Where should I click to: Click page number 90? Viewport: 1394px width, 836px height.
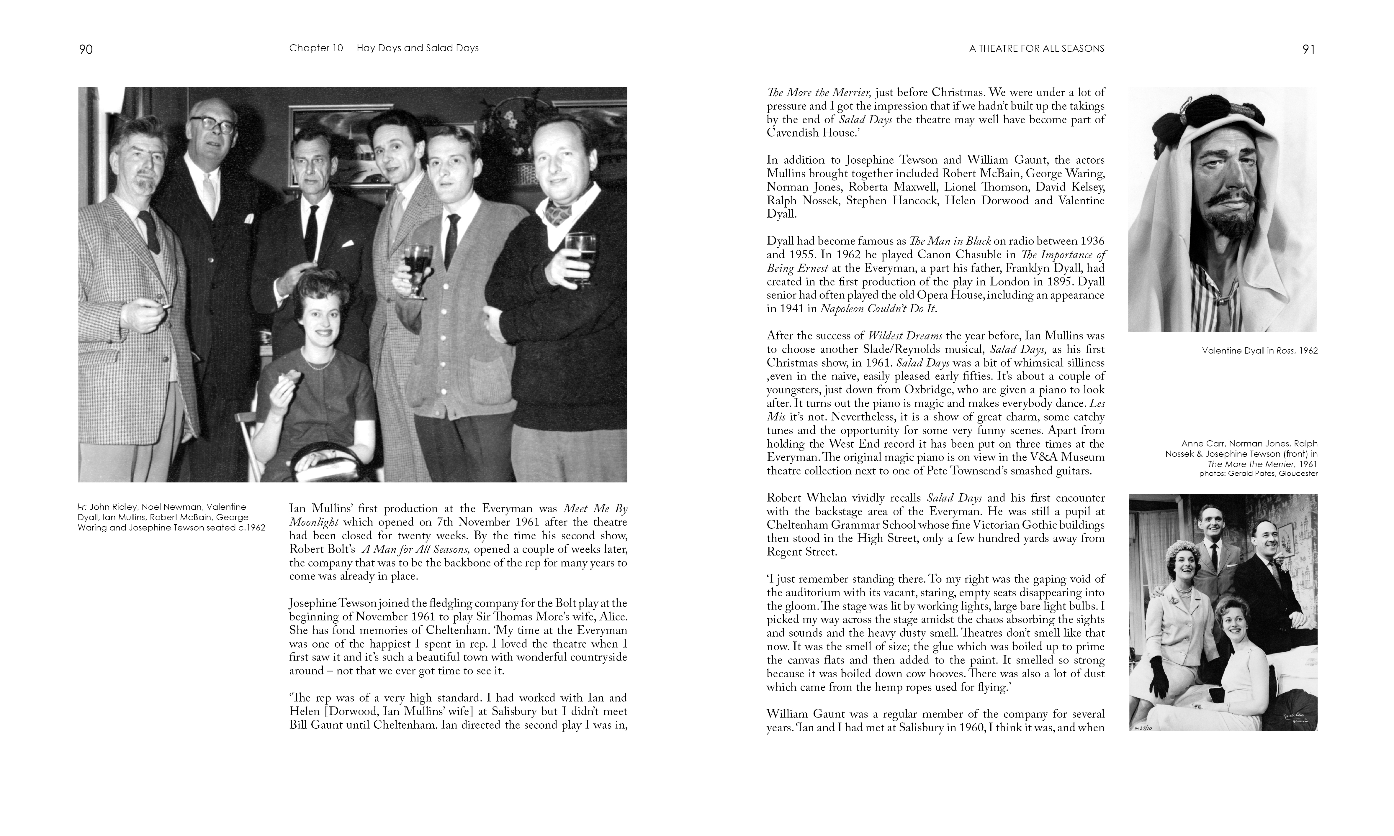[86, 50]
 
